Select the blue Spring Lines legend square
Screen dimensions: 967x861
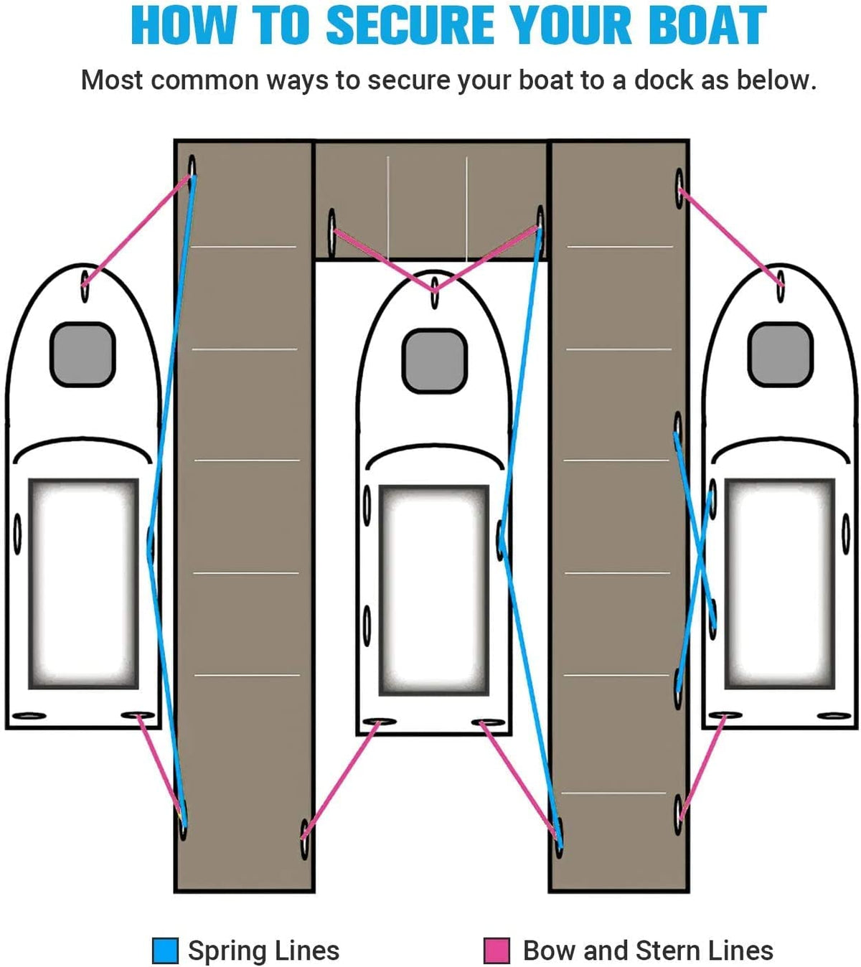165,951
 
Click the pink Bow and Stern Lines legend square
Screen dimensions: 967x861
497,951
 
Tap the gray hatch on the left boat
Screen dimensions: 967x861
83,354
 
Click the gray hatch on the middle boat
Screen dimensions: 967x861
434,361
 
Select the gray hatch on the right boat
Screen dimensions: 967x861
780,354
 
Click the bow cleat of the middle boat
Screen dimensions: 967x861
435,295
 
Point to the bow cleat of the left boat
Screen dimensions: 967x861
85,285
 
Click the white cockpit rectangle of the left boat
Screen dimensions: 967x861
83,583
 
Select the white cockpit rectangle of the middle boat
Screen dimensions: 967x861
434,590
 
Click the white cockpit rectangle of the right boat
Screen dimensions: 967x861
780,583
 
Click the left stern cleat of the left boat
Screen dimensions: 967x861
29,715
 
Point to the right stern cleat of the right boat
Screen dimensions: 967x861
834,715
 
